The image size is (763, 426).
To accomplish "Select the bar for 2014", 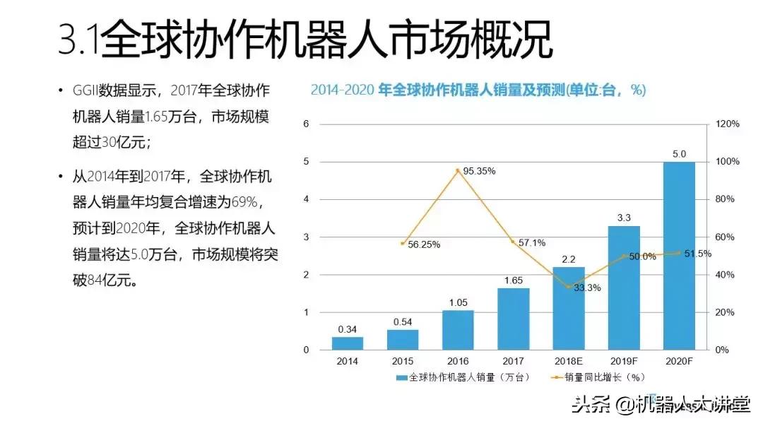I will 348,343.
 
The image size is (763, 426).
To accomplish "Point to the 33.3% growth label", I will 586,288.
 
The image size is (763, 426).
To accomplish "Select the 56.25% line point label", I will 424,244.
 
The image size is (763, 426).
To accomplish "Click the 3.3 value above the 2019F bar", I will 624,218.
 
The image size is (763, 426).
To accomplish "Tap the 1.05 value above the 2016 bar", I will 458,302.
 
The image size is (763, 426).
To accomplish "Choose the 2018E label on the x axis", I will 569,361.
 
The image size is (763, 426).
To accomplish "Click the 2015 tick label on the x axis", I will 403,361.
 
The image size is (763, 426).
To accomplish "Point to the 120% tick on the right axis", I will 727,124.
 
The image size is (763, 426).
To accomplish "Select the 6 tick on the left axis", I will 306,124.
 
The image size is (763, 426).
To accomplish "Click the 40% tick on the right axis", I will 727,275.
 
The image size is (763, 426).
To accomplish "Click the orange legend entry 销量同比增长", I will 597,378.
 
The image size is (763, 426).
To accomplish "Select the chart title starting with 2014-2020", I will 478,90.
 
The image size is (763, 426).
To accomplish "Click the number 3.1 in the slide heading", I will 78,41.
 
